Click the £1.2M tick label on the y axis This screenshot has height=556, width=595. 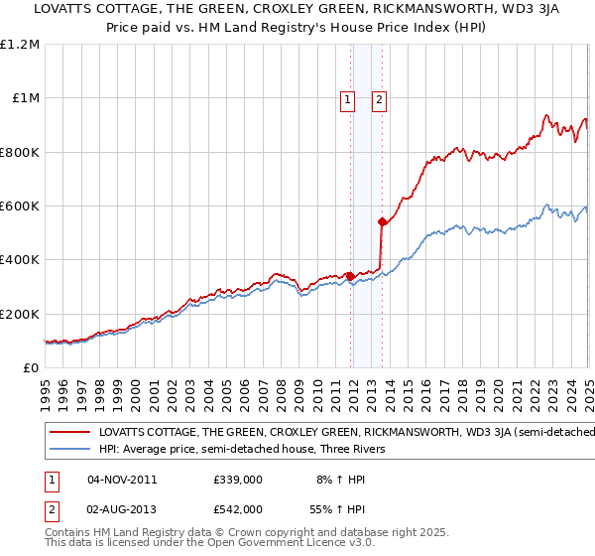[20, 45]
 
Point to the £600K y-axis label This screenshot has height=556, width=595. [20, 207]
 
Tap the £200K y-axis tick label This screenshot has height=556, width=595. [20, 315]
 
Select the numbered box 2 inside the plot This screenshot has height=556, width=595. [380, 98]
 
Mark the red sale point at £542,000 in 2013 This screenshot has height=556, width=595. [382, 222]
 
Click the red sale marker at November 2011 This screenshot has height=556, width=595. [350, 276]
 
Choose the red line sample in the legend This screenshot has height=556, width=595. [69, 433]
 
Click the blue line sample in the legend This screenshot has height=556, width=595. [69, 449]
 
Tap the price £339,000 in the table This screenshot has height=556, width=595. [237, 480]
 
